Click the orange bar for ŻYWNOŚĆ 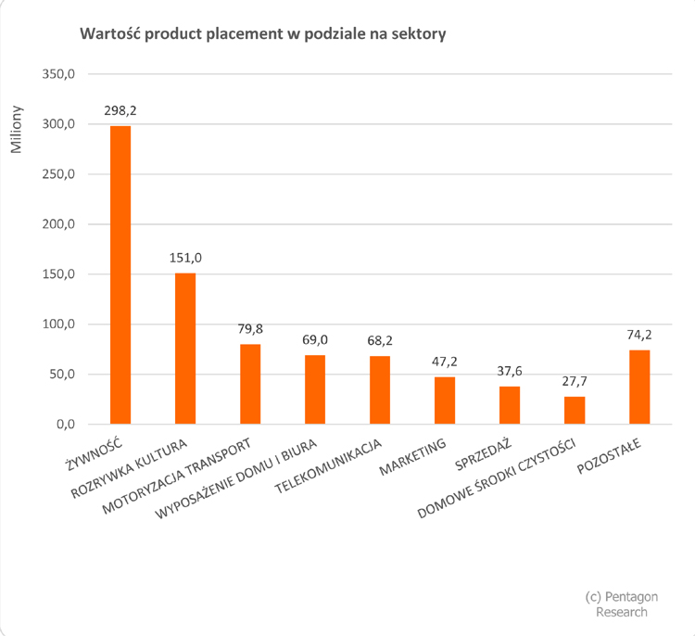coord(120,275)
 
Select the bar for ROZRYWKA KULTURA coord(185,349)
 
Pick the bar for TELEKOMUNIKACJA coord(380,390)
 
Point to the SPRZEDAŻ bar coord(510,405)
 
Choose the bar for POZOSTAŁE coord(639,388)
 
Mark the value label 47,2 coord(445,363)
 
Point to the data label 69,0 coord(315,340)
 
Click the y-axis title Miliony coord(18,136)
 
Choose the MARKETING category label coord(413,454)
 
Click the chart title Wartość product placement coord(264,34)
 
